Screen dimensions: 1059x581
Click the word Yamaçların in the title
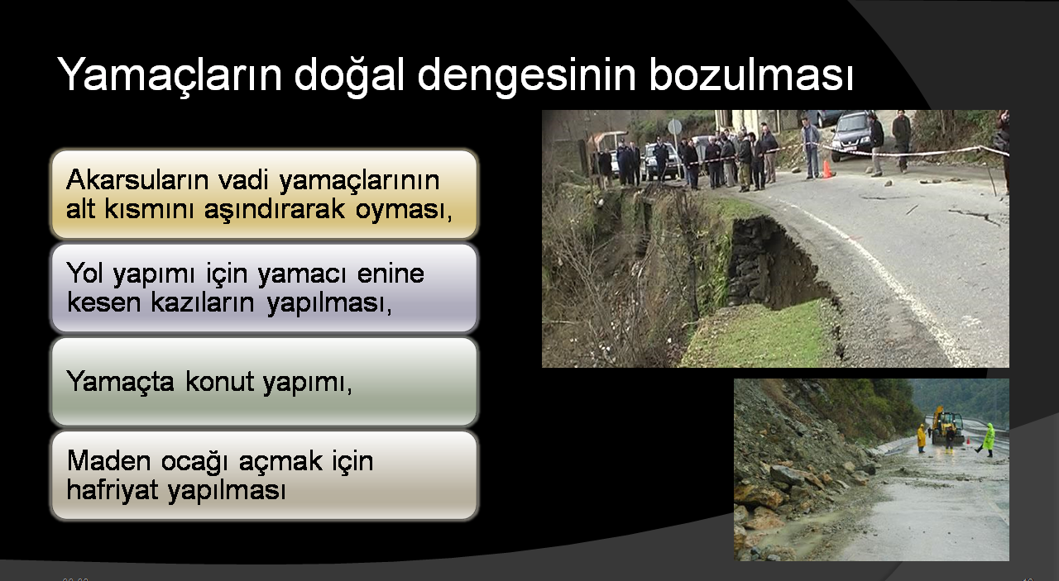click(x=170, y=75)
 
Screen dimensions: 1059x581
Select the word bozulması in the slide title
click(x=751, y=74)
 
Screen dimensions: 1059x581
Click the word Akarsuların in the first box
click(x=137, y=179)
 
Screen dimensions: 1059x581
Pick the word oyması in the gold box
click(x=405, y=210)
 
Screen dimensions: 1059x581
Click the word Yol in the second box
click(x=84, y=273)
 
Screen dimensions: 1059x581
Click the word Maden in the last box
click(x=108, y=460)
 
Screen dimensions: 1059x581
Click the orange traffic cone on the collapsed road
click(x=827, y=169)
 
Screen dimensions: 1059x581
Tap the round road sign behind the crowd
click(x=674, y=126)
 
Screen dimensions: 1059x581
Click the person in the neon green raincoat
click(x=987, y=440)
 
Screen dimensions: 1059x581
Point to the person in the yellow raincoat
click(x=921, y=438)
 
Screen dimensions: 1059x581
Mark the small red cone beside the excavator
click(x=968, y=441)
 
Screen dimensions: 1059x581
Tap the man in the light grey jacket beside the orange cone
click(x=810, y=147)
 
